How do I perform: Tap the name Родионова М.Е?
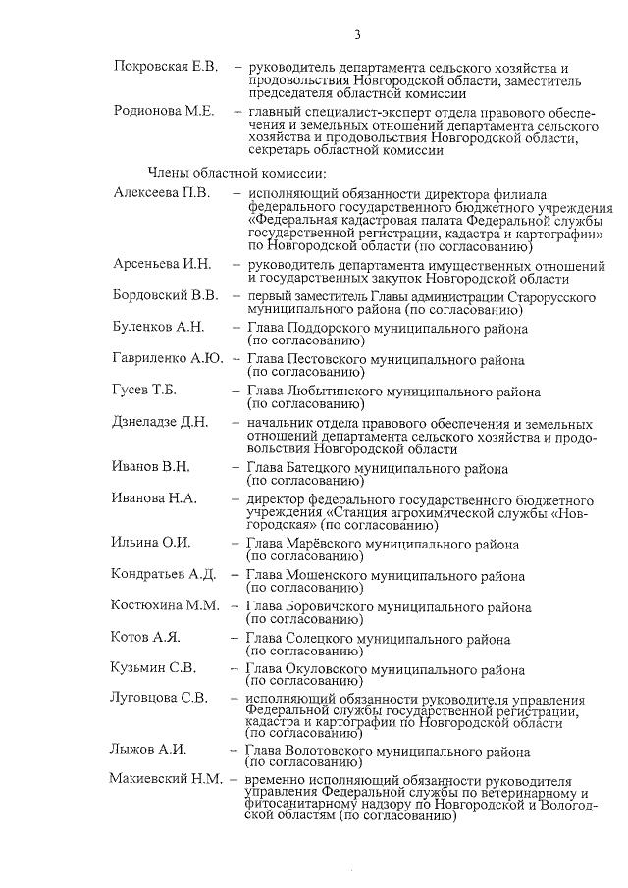(163, 111)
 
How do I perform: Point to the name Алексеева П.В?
(161, 192)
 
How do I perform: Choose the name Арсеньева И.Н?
(162, 265)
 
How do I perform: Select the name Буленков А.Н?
(157, 327)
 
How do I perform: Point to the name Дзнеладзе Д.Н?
(161, 422)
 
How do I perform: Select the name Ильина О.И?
(151, 543)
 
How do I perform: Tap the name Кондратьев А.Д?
(164, 574)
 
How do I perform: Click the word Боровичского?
(333, 606)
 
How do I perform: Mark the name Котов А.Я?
(146, 638)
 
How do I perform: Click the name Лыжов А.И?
(149, 750)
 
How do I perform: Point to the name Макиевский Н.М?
(166, 780)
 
